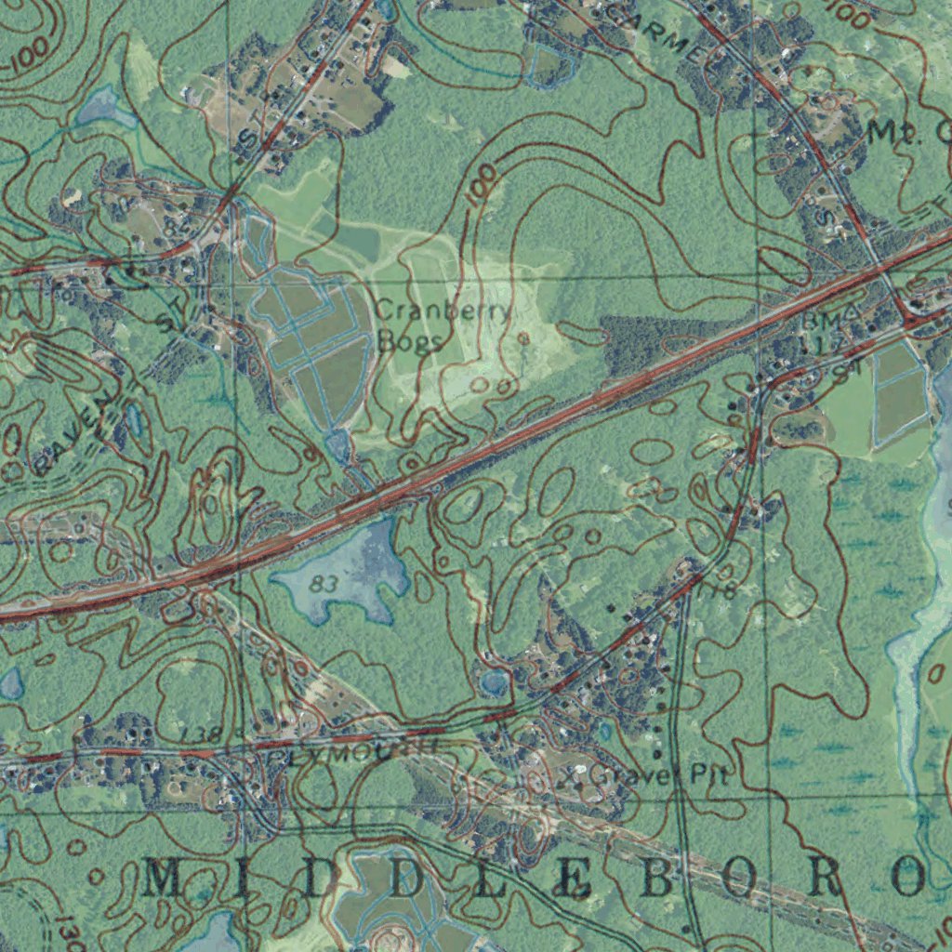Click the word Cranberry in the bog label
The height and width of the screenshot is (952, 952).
point(443,311)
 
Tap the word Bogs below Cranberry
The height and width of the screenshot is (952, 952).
point(410,341)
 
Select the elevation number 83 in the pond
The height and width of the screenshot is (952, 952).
point(324,584)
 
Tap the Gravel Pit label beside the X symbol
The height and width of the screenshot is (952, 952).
point(662,774)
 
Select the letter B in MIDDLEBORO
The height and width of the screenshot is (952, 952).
point(655,879)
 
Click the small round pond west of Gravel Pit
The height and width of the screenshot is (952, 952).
point(494,684)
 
